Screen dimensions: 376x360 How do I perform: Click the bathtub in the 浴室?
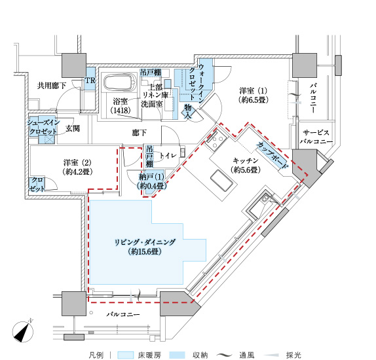pyautogui.click(x=119, y=82)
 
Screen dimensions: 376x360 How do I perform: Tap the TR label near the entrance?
pyautogui.click(x=90, y=81)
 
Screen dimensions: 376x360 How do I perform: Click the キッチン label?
pyautogui.click(x=245, y=160)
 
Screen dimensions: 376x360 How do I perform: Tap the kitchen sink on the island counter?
pyautogui.click(x=221, y=181)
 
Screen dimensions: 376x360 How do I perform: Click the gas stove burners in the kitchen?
pyautogui.click(x=216, y=141)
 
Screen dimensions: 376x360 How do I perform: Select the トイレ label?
pyautogui.click(x=168, y=156)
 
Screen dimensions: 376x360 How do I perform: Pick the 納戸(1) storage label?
pyautogui.click(x=151, y=177)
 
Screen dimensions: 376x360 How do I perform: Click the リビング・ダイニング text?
pyautogui.click(x=145, y=242)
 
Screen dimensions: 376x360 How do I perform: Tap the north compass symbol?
pyautogui.click(x=23, y=331)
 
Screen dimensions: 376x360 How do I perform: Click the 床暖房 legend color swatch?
pyautogui.click(x=125, y=355)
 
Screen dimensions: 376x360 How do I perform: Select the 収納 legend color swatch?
pyautogui.click(x=177, y=355)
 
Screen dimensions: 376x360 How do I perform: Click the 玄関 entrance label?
pyautogui.click(x=73, y=129)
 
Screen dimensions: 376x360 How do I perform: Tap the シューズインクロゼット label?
pyautogui.click(x=43, y=127)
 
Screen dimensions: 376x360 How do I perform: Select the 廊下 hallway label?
pyautogui.click(x=140, y=133)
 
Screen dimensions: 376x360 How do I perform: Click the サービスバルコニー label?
pyautogui.click(x=316, y=137)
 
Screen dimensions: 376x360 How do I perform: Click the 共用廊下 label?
pyautogui.click(x=52, y=86)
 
